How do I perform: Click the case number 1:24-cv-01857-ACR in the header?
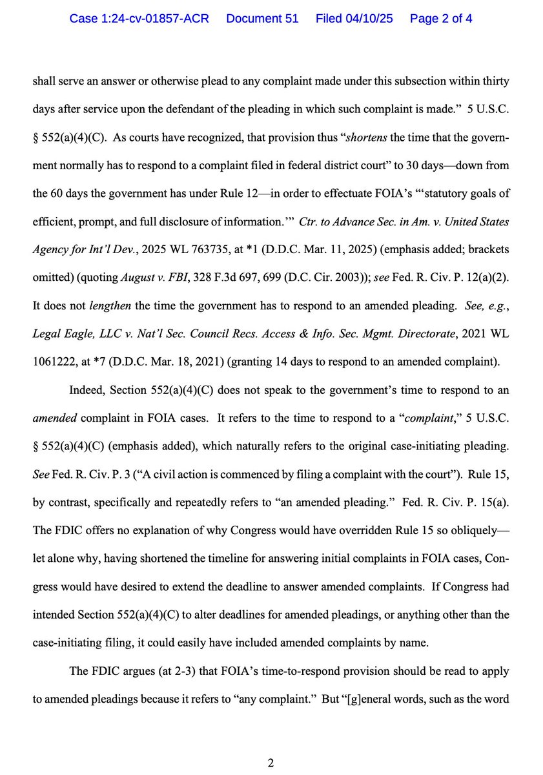[139, 19]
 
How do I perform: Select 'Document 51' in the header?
[262, 19]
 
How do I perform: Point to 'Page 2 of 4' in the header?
[440, 19]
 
